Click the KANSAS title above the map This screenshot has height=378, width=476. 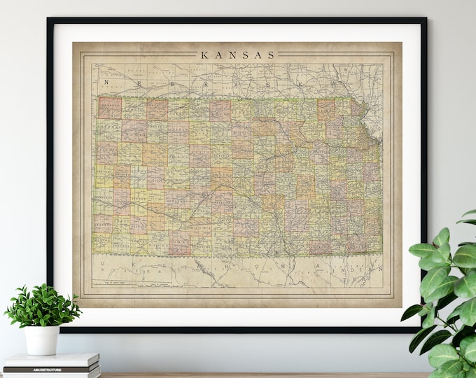tap(238, 55)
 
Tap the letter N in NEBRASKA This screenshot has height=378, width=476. tap(107, 83)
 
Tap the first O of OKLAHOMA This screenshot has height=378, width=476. tap(102, 265)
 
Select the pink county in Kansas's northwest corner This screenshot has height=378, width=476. tap(109, 108)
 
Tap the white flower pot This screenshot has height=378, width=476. tap(42, 339)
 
